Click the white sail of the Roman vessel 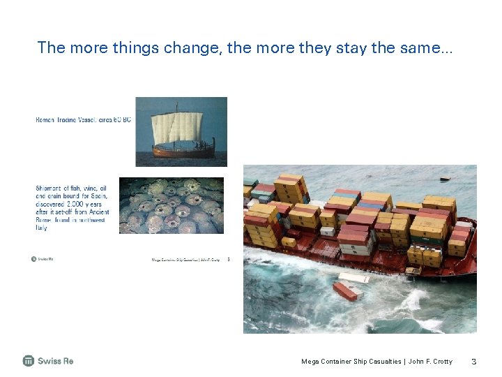pyautogui.click(x=177, y=128)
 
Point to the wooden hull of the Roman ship pyautogui.click(x=183, y=150)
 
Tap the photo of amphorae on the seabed pyautogui.click(x=172, y=205)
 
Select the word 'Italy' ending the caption pyautogui.click(x=42, y=228)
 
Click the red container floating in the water pyautogui.click(x=344, y=290)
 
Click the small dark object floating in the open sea pyautogui.click(x=444, y=179)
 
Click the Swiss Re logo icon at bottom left pyautogui.click(x=29, y=361)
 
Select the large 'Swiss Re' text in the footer pyautogui.click(x=55, y=361)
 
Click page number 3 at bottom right pyautogui.click(x=473, y=362)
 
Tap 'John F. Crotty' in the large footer pyautogui.click(x=429, y=362)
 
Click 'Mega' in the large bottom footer pyautogui.click(x=310, y=362)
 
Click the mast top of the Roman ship pyautogui.click(x=176, y=105)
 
